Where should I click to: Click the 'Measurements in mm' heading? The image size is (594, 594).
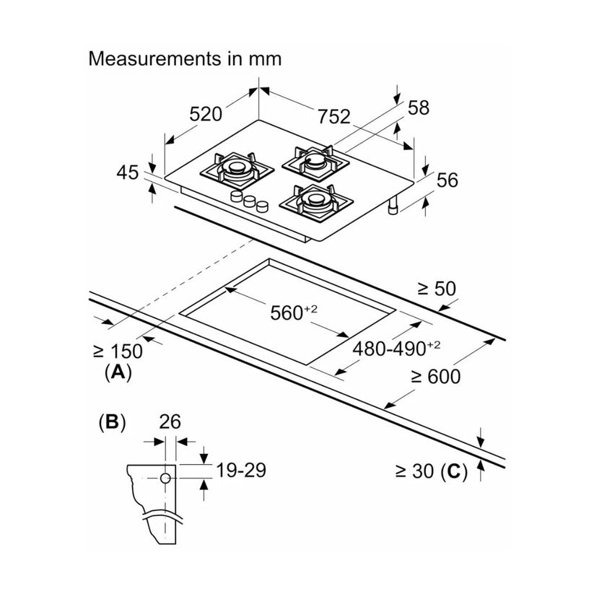pos(185,59)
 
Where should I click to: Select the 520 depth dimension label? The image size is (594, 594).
pos(206,114)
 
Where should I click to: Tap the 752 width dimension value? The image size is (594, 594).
pos(333,116)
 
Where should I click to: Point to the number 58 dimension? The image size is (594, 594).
pos(419,108)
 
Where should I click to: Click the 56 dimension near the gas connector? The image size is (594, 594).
pos(447,180)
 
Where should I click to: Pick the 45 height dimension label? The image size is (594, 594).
pos(128,172)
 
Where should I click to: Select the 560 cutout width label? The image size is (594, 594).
pos(294,313)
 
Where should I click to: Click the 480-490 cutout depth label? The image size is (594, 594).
pos(396,348)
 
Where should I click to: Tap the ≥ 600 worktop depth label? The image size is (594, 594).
pos(436,377)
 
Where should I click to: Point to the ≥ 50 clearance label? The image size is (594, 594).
pos(437,289)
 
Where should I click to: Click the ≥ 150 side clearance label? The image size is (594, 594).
pos(118,351)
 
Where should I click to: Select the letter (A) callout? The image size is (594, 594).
pos(118,372)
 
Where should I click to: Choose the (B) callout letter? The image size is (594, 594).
pos(112,422)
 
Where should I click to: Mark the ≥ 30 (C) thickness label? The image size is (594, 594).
pos(432,471)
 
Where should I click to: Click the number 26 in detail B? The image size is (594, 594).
pos(170,422)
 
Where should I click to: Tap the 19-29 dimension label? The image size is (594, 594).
pos(241,470)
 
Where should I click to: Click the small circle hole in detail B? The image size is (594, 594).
pos(165,478)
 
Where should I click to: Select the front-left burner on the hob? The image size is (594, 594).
pos(237,170)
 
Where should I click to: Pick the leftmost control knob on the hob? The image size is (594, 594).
pos(237,196)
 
